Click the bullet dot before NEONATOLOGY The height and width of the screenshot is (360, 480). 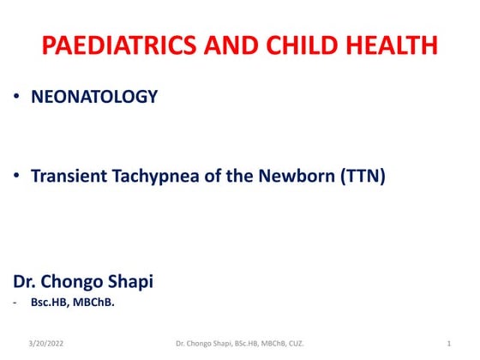click(x=18, y=98)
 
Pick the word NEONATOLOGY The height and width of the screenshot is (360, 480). click(x=94, y=98)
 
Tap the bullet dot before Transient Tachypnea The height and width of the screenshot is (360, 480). click(x=18, y=177)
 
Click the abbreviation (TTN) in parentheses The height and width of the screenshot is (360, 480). click(x=358, y=177)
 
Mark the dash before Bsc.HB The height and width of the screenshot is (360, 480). click(x=15, y=301)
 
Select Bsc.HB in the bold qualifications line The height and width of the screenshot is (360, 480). click(x=51, y=301)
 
